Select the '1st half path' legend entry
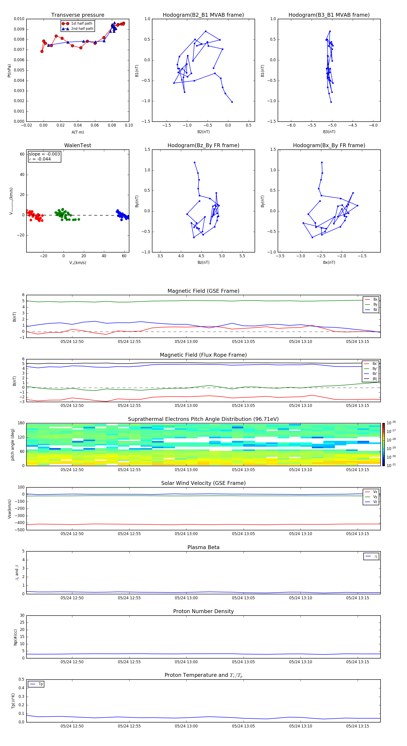81,24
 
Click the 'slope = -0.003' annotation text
44,154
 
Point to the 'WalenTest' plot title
78,145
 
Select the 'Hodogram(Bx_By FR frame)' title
329,145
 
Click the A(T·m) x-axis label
78,132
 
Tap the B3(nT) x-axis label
329,132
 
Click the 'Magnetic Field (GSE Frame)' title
203,291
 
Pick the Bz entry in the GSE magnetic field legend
375,309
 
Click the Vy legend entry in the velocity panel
375,497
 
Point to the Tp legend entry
40,684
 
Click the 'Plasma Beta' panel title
203,547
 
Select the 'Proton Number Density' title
203,611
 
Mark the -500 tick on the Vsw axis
19,530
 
